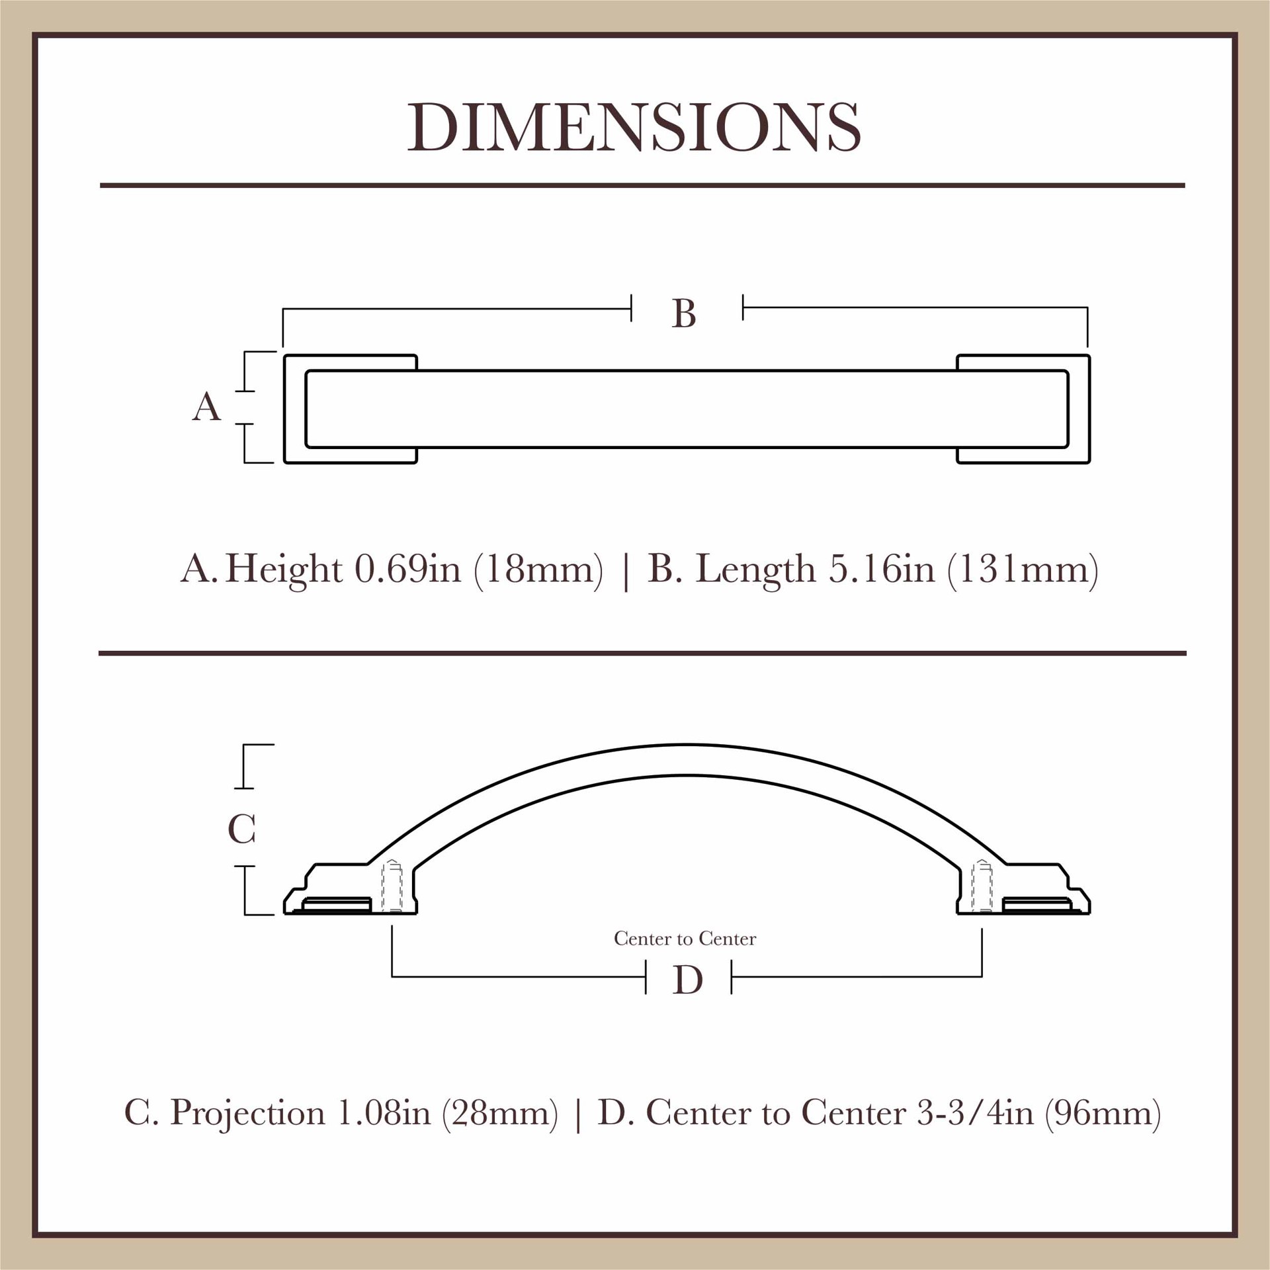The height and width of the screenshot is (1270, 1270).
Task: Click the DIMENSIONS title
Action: pyautogui.click(x=634, y=127)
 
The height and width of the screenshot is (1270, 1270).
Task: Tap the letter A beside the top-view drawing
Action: pyautogui.click(x=206, y=407)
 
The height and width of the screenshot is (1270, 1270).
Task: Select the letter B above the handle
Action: pyautogui.click(x=684, y=313)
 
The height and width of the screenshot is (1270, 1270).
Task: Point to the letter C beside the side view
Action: pyautogui.click(x=241, y=829)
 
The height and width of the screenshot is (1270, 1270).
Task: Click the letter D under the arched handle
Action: pyautogui.click(x=688, y=980)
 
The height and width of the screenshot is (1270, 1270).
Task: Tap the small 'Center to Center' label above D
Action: pyautogui.click(x=685, y=939)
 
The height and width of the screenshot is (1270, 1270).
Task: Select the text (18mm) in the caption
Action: pyautogui.click(x=538, y=569)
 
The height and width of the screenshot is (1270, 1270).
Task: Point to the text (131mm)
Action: pyautogui.click(x=1023, y=569)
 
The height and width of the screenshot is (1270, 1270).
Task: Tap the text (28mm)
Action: pyautogui.click(x=500, y=1113)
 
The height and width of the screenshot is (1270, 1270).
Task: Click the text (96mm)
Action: pyautogui.click(x=1103, y=1113)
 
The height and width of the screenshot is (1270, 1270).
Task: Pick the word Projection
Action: pyautogui.click(x=247, y=1113)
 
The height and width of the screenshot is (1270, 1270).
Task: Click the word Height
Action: pyautogui.click(x=284, y=569)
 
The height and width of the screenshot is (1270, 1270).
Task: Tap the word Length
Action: pyautogui.click(x=755, y=569)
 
